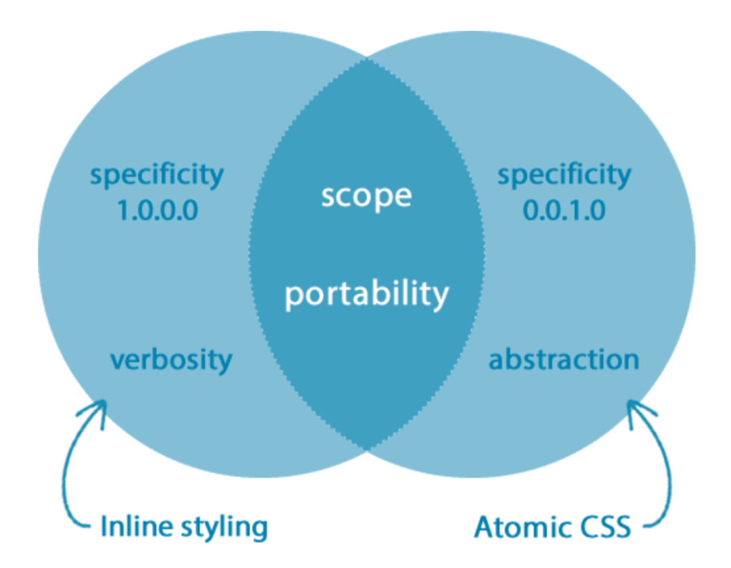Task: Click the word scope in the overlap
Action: coord(366,196)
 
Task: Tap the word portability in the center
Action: coord(366,294)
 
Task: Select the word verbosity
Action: coord(171,359)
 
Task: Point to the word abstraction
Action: coord(564,359)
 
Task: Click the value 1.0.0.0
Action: coord(157,211)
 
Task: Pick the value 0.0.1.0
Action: coord(564,211)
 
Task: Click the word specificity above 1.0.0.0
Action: coord(157,175)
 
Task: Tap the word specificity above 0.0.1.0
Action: coord(564,175)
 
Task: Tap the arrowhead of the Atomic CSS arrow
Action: coord(634,406)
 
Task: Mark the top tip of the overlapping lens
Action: coord(366,59)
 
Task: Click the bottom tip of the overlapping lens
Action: coord(366,449)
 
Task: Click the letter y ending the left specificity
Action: coord(216,177)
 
